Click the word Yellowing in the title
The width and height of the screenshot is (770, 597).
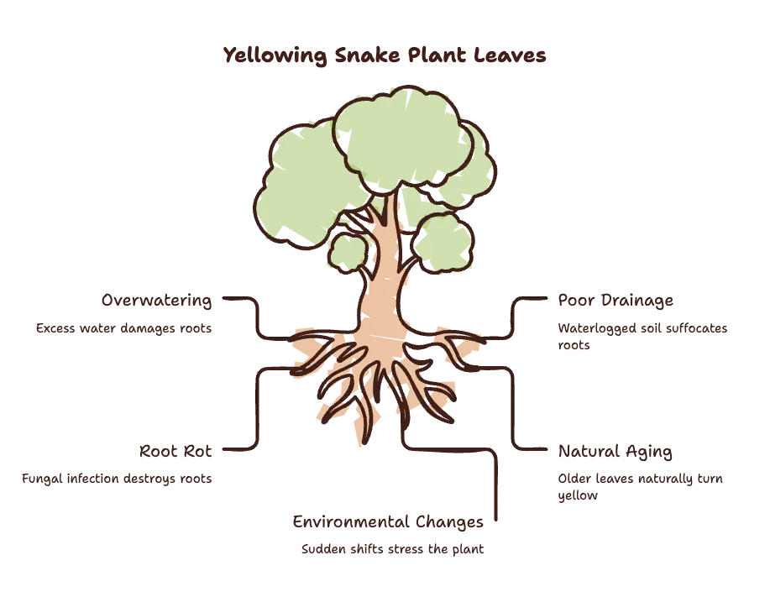click(275, 55)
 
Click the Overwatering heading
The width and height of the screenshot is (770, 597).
click(157, 300)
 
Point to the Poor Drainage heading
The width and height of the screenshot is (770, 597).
click(615, 300)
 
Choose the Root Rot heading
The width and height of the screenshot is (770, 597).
click(175, 451)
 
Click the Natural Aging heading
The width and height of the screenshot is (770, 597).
click(615, 451)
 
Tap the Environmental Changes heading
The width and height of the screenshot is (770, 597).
click(388, 521)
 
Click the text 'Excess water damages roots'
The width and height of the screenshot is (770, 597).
click(123, 328)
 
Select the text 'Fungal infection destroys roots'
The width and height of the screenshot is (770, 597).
click(117, 479)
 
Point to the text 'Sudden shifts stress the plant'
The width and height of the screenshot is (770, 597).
click(392, 549)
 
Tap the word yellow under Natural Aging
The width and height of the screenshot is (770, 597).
click(578, 495)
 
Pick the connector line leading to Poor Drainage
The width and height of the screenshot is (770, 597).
click(513, 319)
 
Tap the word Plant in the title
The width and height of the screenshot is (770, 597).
click(437, 55)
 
